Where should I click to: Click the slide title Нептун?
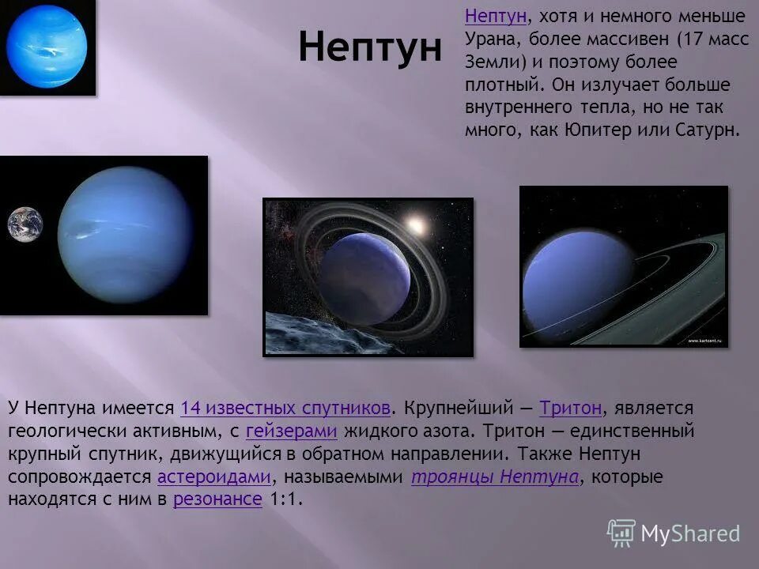click(x=370, y=48)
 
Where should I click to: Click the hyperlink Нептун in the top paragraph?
click(x=496, y=16)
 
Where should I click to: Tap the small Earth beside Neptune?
click(x=25, y=224)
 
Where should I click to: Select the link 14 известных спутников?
click(x=285, y=409)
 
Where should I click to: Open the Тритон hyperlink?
click(x=570, y=409)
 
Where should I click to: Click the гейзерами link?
click(x=292, y=431)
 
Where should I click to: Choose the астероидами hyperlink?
click(x=213, y=477)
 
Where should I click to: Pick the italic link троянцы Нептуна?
click(x=495, y=477)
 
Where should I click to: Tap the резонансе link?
click(x=217, y=499)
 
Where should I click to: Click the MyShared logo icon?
click(x=621, y=533)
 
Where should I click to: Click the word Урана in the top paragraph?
click(x=489, y=39)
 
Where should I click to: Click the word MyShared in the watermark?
click(x=690, y=533)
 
